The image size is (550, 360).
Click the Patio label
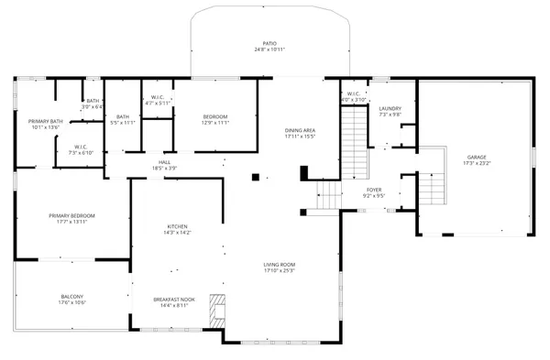(x=269, y=43)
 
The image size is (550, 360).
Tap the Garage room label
(x=477, y=157)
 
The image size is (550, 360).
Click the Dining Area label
(x=300, y=130)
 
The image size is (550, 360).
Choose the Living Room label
(x=280, y=265)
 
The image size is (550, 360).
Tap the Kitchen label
(x=177, y=226)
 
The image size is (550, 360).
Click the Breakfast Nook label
(x=174, y=300)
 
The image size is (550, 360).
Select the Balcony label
(x=72, y=296)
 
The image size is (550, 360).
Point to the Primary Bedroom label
(x=71, y=215)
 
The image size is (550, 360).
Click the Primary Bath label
(x=45, y=121)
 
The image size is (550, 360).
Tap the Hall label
(x=164, y=162)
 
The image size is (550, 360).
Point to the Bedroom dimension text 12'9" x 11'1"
(x=214, y=123)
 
